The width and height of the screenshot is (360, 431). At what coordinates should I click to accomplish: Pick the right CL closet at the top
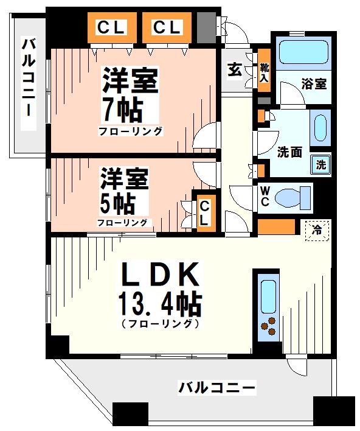tap(166, 27)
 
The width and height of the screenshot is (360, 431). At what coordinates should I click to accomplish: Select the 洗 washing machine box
tap(320, 164)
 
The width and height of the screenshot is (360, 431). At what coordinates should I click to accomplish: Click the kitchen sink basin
tap(267, 295)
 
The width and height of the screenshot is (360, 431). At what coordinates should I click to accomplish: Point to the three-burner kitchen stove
tap(268, 328)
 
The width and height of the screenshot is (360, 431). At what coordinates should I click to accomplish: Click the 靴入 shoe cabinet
tap(265, 71)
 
